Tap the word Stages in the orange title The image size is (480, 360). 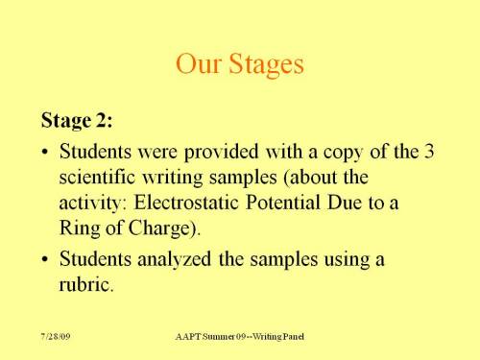click(264, 65)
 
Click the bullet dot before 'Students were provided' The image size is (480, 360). click(47, 153)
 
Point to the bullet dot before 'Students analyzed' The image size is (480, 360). click(47, 259)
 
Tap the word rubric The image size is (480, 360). click(85, 284)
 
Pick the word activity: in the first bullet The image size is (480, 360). click(94, 204)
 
